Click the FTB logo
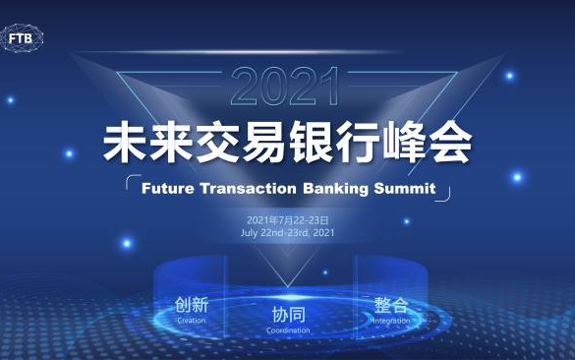point(22,37)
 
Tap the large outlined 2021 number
point(285,87)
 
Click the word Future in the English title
point(168,189)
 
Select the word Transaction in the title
point(249,189)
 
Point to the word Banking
point(335,190)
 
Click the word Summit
point(405,189)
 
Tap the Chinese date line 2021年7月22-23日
point(287,220)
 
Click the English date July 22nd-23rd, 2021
point(287,233)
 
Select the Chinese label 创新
point(192,305)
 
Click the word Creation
point(192,321)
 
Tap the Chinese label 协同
point(288,315)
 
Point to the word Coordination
point(288,330)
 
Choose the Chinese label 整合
point(391,305)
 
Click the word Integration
point(391,321)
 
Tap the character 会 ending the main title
point(451,143)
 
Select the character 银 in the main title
point(311,143)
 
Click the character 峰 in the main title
point(404,143)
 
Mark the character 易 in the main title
point(264,143)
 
